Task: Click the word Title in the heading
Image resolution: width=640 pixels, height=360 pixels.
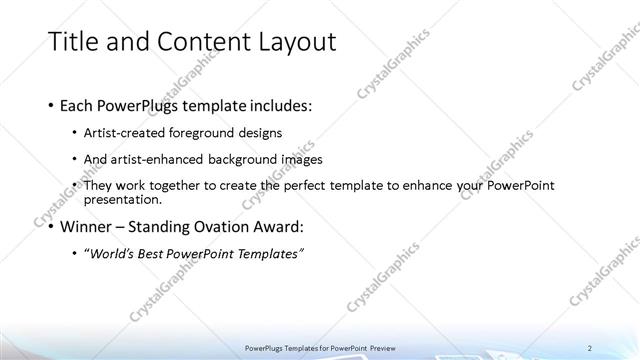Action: pyautogui.click(x=76, y=41)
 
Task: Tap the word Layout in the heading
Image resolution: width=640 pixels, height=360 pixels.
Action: pyautogui.click(x=290, y=41)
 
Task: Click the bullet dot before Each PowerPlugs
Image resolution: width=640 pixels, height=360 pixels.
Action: pyautogui.click(x=52, y=105)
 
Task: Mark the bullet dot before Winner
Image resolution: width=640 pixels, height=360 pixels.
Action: pyautogui.click(x=52, y=226)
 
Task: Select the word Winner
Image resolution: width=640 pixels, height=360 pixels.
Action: pyautogui.click(x=87, y=226)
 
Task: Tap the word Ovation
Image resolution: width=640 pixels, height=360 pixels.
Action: pyautogui.click(x=219, y=226)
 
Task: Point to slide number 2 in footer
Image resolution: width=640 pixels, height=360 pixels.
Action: pyautogui.click(x=590, y=346)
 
